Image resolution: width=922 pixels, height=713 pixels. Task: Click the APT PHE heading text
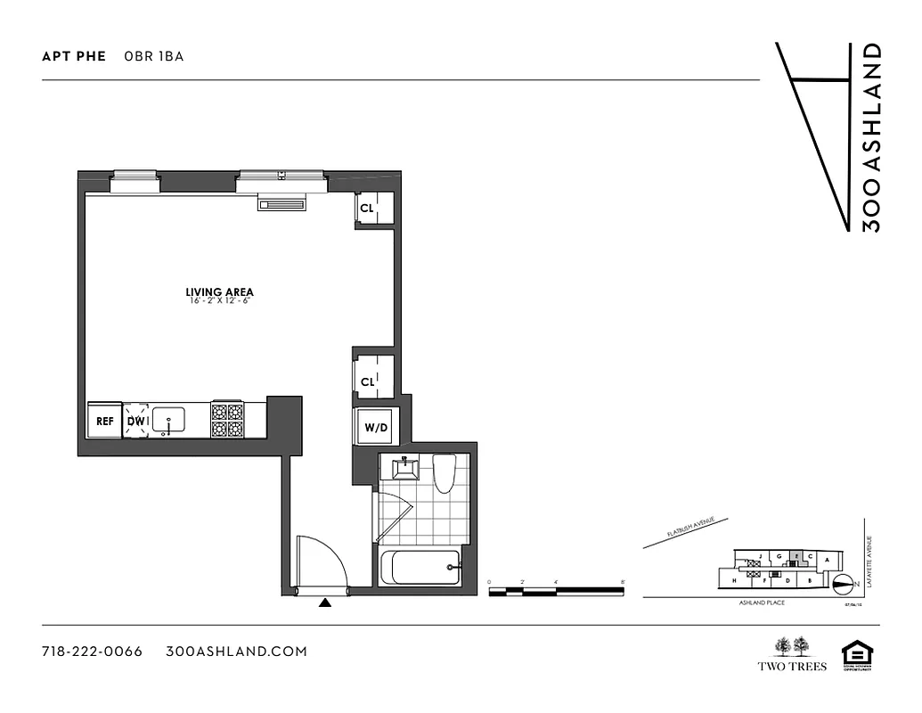(74, 56)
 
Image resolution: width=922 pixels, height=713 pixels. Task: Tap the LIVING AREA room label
(219, 292)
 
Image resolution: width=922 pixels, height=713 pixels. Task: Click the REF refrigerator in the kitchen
(105, 421)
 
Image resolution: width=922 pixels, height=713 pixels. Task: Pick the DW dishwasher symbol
(136, 421)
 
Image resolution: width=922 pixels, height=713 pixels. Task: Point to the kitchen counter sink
(168, 419)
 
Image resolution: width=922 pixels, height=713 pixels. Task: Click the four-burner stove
(226, 420)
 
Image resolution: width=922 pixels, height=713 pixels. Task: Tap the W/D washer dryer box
(375, 428)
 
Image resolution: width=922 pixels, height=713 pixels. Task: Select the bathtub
(420, 569)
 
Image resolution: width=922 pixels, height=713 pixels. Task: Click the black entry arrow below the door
(325, 603)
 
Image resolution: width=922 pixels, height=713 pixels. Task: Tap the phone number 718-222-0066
(93, 652)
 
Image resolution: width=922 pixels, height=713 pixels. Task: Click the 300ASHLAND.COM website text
(237, 652)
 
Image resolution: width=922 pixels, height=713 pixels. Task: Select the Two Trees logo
(792, 654)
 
